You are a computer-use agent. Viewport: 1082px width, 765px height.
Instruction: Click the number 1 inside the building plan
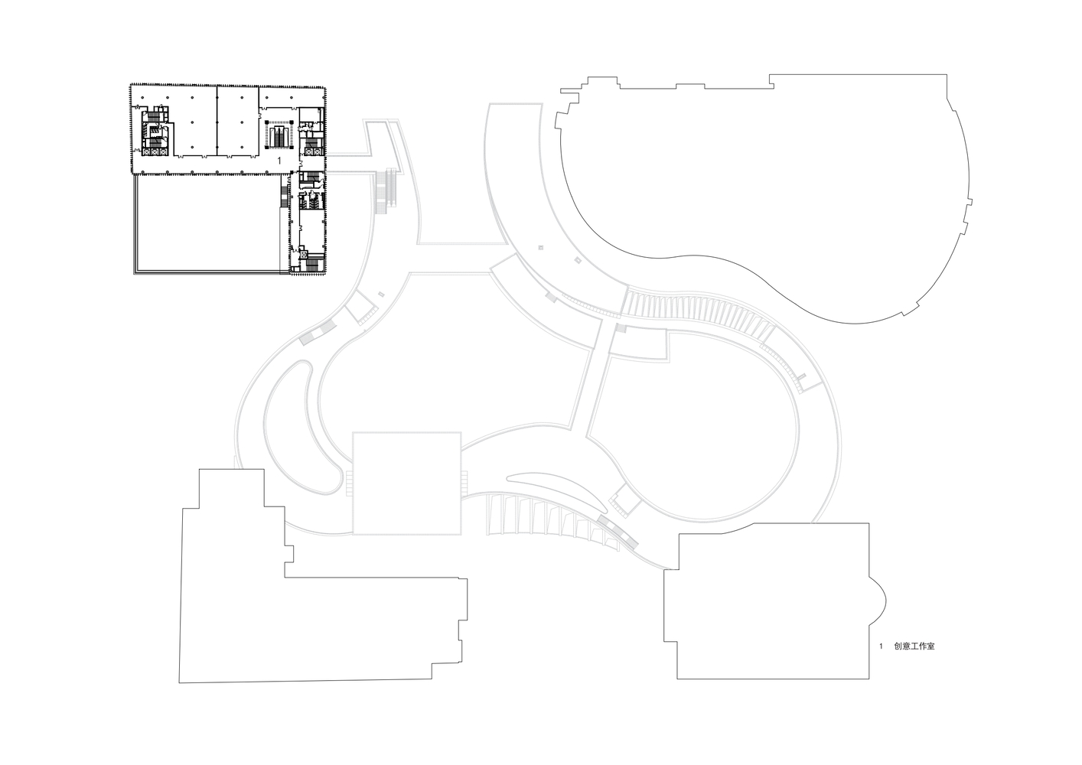[x=279, y=161]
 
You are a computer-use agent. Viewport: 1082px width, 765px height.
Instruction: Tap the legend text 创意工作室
[x=914, y=646]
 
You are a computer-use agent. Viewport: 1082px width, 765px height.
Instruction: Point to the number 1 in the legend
[x=881, y=646]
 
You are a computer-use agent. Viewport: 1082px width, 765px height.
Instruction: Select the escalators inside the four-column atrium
[x=279, y=137]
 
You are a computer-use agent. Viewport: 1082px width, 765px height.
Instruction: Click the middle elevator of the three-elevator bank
[x=155, y=152]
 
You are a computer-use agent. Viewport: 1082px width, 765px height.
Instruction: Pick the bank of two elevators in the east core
[x=314, y=152]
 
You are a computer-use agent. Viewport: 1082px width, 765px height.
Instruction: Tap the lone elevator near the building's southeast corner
[x=304, y=253]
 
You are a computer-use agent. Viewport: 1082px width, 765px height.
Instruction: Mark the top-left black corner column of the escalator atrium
[x=266, y=122]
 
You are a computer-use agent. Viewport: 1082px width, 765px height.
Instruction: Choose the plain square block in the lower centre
[x=407, y=483]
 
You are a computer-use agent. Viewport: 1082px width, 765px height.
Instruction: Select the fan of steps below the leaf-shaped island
[x=551, y=519]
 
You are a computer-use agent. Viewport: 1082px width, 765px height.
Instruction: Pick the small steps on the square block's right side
[x=464, y=482]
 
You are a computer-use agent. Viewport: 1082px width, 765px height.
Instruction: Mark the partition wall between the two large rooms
[x=217, y=121]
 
